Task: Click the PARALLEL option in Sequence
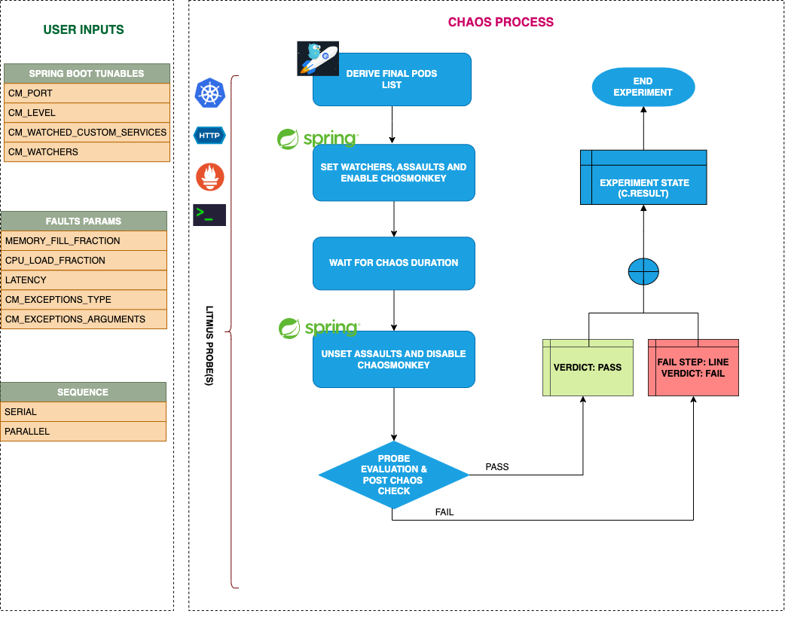click(83, 432)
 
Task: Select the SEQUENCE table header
click(83, 392)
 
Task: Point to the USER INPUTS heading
click(84, 30)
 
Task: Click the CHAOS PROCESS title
click(501, 22)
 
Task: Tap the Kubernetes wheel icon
click(210, 93)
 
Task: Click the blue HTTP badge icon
click(209, 136)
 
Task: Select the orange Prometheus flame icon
click(210, 176)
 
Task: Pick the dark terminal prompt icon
click(209, 215)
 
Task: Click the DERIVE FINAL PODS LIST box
click(392, 79)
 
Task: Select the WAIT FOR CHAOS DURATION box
click(393, 263)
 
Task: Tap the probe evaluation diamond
click(393, 475)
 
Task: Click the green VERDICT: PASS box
click(588, 368)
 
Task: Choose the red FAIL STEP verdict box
click(693, 368)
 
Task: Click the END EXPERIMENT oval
click(643, 87)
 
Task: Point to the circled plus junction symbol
click(643, 271)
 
